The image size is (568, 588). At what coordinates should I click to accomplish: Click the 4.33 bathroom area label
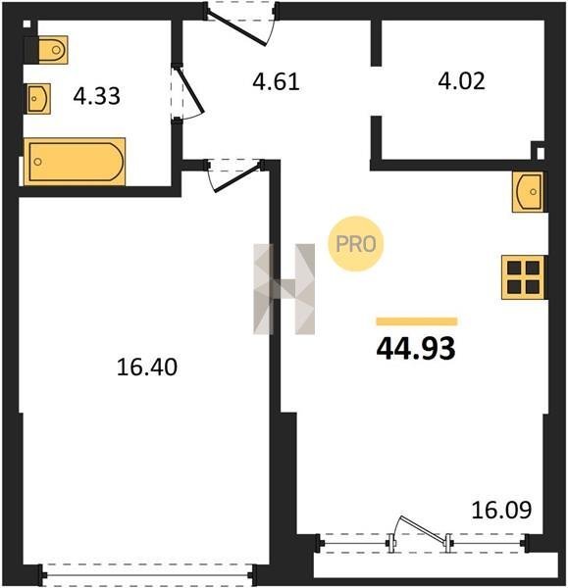97,96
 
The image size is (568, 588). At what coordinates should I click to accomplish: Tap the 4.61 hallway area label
276,82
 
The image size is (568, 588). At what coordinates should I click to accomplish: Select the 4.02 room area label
461,81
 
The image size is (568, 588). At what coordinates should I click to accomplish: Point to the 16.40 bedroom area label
147,367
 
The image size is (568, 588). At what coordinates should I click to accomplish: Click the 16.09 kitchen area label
501,510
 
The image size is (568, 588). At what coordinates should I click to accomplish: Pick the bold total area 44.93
416,348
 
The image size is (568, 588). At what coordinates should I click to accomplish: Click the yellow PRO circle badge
355,244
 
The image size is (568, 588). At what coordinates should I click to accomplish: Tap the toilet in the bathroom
53,50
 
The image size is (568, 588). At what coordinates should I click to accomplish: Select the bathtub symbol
75,162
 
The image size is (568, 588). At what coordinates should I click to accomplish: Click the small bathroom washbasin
38,99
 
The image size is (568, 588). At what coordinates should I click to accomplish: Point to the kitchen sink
528,192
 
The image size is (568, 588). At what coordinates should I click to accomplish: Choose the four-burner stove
523,277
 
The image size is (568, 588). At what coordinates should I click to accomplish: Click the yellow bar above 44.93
417,321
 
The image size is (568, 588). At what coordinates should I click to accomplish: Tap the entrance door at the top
241,24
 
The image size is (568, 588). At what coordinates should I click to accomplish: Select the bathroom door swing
187,93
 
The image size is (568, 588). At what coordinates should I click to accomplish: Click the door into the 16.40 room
233,175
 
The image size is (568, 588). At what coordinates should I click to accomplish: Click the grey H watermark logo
284,289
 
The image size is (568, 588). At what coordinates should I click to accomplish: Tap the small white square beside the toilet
26,24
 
